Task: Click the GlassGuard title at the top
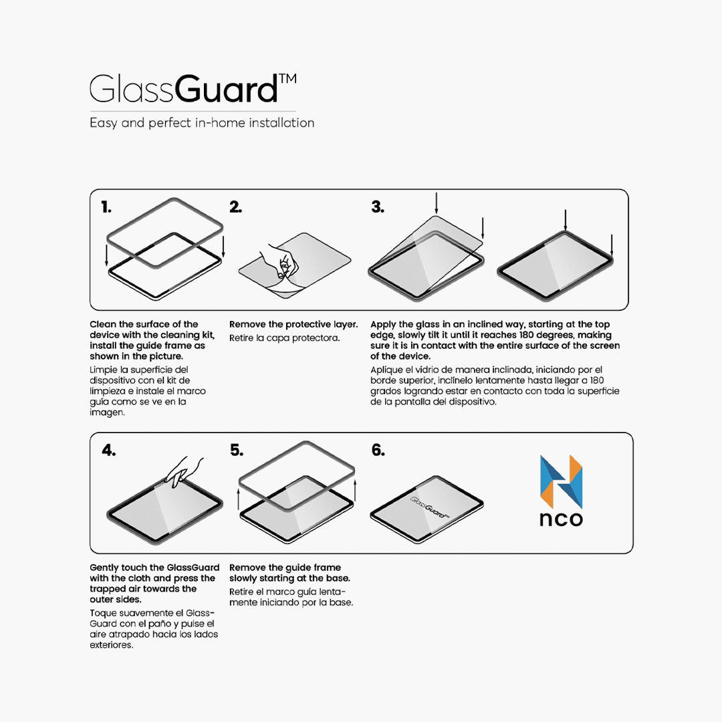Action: (184, 90)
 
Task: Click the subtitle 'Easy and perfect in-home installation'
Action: (202, 123)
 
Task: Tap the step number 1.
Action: (106, 208)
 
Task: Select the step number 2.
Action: (235, 208)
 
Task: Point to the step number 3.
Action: (378, 208)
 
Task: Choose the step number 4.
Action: (108, 451)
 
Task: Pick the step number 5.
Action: (237, 451)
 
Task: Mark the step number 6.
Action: (378, 451)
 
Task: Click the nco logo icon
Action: (561, 481)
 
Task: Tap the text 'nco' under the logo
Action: (561, 519)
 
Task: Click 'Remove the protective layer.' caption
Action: (293, 324)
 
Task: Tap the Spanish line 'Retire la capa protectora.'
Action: (285, 338)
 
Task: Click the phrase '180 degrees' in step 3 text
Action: (546, 335)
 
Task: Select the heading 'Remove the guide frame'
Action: (285, 568)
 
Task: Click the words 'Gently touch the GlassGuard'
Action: (154, 568)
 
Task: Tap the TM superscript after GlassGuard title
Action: (287, 80)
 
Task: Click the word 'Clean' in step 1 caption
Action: (102, 324)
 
